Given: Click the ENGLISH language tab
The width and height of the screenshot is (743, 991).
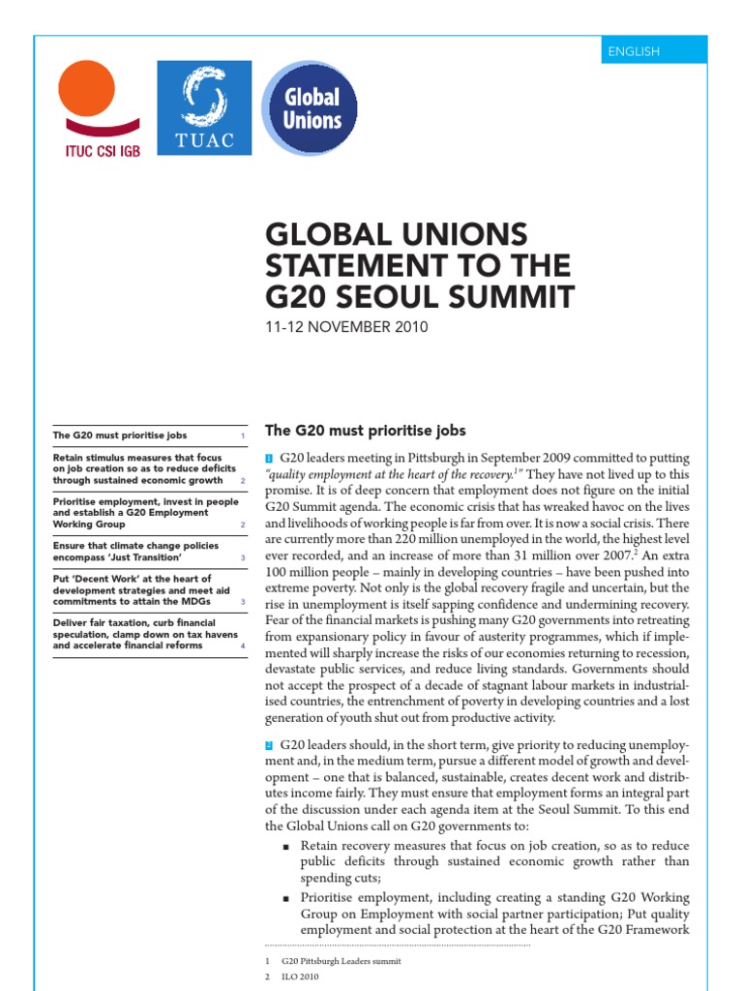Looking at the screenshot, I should click(633, 50).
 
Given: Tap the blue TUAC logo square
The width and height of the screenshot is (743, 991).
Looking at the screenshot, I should click(204, 107).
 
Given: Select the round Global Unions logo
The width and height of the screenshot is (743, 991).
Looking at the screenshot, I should click(310, 108).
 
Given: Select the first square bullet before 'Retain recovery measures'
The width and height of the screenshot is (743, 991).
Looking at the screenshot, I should click(286, 846).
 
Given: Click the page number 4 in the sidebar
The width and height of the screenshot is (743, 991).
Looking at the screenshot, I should click(243, 646).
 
